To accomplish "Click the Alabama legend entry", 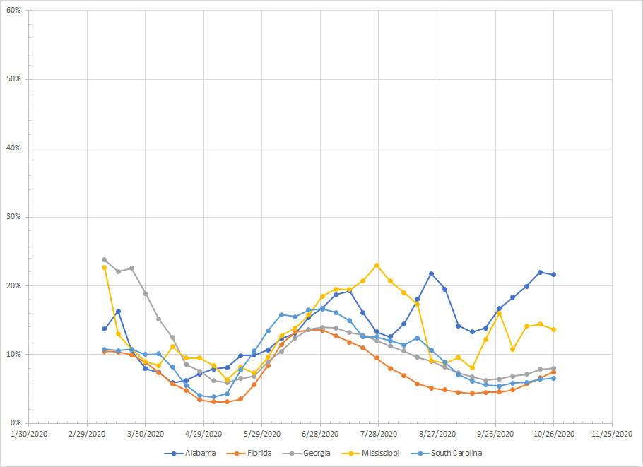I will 195,453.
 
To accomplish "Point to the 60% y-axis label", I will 13,11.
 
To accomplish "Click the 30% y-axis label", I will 13,217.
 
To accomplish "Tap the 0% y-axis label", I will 16,423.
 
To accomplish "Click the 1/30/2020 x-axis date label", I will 29,435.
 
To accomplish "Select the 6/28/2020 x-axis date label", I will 321,435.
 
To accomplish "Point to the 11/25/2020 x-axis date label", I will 612,435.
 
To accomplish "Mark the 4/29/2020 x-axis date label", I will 204,435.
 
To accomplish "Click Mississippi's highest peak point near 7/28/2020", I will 377,266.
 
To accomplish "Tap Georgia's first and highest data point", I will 104,260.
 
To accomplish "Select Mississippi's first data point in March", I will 104,268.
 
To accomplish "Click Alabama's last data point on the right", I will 553,274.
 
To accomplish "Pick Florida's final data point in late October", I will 553,372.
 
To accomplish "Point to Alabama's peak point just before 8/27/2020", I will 431,273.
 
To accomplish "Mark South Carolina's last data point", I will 553,378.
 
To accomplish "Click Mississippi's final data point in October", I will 553,329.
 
